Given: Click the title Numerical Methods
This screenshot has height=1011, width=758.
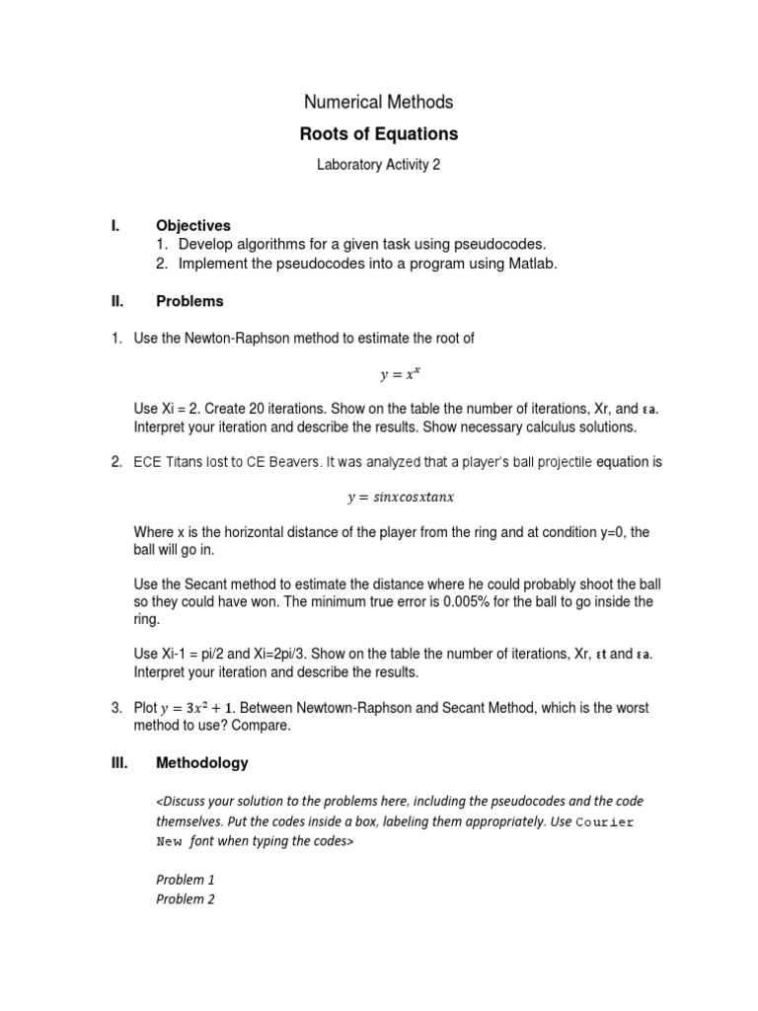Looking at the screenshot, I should coord(378,102).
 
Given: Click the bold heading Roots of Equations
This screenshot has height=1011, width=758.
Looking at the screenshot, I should coord(378,134).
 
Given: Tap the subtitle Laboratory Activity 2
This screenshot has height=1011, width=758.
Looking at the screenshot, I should coord(378,165).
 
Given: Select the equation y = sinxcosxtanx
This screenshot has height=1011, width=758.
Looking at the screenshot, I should coord(400,498).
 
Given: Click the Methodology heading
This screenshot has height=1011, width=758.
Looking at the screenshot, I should coord(202,763).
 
